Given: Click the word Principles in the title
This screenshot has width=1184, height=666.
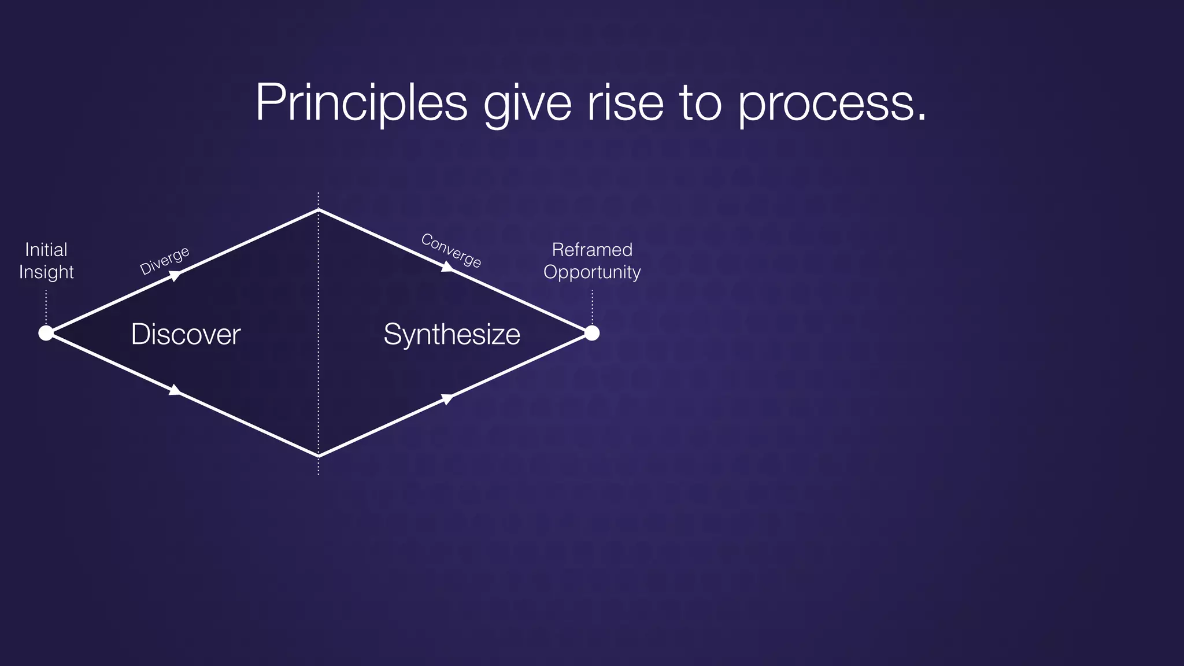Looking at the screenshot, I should [x=361, y=103].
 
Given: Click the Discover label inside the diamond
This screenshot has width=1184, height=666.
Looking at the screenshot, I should [x=186, y=334].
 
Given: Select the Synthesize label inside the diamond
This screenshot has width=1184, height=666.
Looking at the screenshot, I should [x=452, y=334].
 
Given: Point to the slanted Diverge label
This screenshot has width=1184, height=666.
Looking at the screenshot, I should [x=165, y=261].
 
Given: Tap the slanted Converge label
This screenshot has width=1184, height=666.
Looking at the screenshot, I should [x=451, y=250].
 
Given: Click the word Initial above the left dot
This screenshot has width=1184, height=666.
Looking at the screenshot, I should [x=46, y=250].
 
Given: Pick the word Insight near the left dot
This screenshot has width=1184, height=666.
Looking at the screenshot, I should [x=46, y=272].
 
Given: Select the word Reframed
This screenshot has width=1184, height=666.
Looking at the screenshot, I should [x=592, y=250].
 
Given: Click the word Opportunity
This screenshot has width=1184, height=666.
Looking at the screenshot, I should [x=592, y=272].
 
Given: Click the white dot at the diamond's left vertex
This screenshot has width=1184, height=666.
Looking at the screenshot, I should [x=46, y=333].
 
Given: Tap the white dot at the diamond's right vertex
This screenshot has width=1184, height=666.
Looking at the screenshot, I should [x=592, y=333].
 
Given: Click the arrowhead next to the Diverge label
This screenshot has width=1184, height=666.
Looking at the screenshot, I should [x=175, y=276].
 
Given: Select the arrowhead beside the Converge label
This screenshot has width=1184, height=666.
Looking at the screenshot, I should [x=447, y=267].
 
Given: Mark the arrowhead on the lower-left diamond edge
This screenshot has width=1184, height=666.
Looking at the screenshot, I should [x=175, y=391].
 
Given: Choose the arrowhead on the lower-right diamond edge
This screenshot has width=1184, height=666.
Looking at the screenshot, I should [x=447, y=398].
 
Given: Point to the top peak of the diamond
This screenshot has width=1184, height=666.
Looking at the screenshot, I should [x=319, y=210].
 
